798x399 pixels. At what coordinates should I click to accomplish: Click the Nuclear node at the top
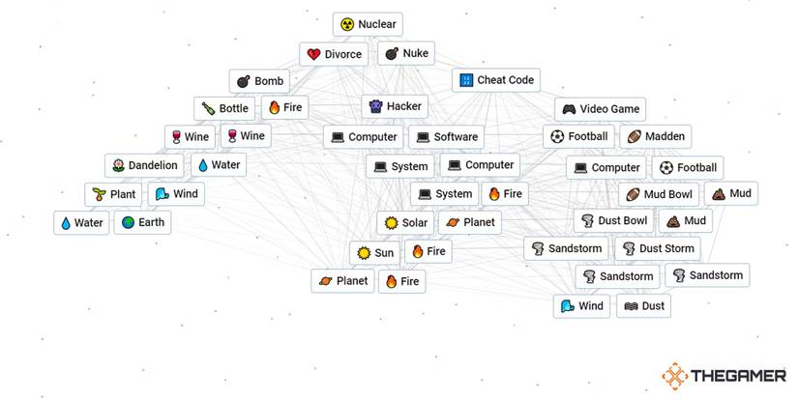[368, 24]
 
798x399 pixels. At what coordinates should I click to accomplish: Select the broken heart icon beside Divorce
[313, 54]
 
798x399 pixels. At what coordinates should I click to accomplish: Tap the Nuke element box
[406, 53]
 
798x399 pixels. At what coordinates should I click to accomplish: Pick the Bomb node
[259, 81]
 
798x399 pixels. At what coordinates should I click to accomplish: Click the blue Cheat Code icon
[466, 80]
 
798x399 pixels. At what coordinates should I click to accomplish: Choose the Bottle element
[224, 108]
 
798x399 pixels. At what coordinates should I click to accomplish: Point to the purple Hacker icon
[375, 106]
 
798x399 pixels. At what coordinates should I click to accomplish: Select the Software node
[446, 137]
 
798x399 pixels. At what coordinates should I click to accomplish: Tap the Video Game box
[600, 109]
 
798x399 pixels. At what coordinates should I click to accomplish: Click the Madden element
[656, 137]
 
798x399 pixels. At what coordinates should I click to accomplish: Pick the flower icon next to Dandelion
[118, 165]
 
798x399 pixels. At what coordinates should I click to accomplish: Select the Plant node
[113, 195]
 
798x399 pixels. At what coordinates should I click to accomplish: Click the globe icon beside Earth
[128, 222]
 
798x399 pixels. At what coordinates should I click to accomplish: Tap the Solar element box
[405, 223]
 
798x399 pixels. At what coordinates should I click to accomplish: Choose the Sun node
[374, 253]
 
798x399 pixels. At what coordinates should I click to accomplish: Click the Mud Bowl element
[659, 195]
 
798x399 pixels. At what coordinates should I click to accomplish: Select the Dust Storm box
[658, 248]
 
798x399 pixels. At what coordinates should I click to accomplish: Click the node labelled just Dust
[644, 306]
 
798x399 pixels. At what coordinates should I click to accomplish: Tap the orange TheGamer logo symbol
[675, 376]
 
